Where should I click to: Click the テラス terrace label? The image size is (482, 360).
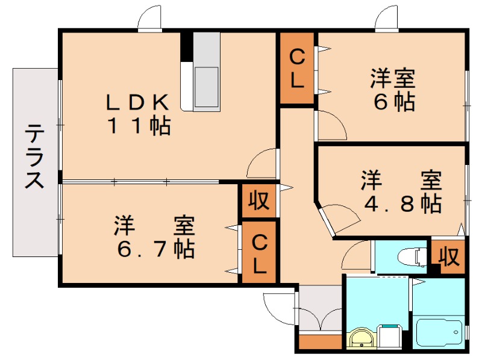[x=35, y=157]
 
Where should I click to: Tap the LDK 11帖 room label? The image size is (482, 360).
[x=139, y=114]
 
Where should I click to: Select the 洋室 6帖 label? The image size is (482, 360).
[x=393, y=90]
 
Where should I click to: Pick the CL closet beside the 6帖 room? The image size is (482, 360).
[x=296, y=69]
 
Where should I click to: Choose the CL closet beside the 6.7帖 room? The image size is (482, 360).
[x=259, y=253]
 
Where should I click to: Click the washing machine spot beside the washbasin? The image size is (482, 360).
[x=390, y=337]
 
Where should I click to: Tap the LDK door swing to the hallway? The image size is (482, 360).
[x=261, y=163]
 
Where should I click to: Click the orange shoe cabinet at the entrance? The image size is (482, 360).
[x=320, y=342]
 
